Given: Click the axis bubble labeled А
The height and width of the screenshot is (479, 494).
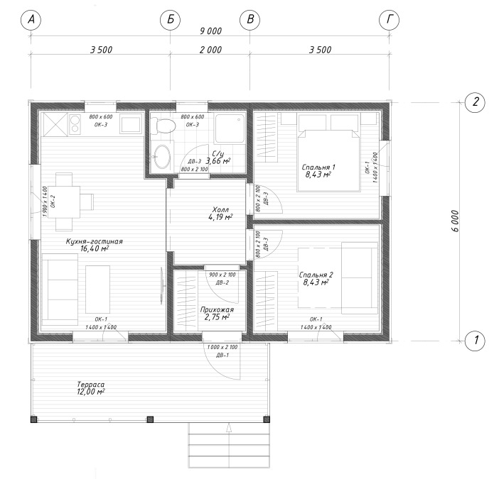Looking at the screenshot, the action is click(31, 20).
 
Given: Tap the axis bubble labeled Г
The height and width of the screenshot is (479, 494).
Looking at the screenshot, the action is click(390, 20).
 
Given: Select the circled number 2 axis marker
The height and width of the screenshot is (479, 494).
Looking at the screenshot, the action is click(475, 102).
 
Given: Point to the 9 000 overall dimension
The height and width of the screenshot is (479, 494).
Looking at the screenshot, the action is click(211, 31).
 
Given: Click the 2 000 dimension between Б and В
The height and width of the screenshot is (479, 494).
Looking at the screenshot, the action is click(210, 50).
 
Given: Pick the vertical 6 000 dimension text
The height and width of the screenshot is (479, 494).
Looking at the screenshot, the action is click(455, 221).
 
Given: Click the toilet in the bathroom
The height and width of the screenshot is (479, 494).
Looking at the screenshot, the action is click(163, 126).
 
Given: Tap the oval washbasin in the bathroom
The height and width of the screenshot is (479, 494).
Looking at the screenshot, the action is click(163, 156).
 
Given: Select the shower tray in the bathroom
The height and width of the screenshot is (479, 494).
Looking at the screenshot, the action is click(230, 128).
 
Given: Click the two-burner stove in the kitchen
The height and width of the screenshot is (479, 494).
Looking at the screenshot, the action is click(75, 124).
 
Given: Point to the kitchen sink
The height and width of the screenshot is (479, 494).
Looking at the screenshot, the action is click(131, 124).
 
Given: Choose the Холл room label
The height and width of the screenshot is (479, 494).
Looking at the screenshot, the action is click(220, 209).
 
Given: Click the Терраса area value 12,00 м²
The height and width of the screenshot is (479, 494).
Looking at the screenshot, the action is click(91, 392).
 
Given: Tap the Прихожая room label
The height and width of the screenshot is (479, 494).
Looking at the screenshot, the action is click(217, 309).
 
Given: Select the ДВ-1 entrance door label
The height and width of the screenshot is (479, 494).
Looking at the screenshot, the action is click(222, 355).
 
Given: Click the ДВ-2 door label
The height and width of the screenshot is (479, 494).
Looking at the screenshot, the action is click(222, 282).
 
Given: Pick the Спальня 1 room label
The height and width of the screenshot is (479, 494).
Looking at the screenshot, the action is click(318, 167).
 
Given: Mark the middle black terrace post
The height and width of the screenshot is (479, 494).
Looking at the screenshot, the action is click(150, 419).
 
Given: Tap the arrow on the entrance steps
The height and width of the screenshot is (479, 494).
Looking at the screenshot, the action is click(229, 428).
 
